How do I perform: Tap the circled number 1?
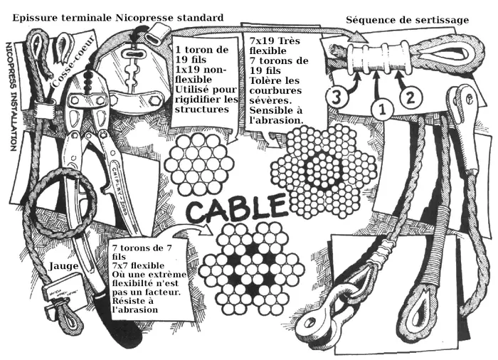click(383, 108)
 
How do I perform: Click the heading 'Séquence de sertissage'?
click(407, 19)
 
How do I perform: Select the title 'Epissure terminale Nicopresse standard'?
click(117, 16)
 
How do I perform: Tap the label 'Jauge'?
click(64, 265)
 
